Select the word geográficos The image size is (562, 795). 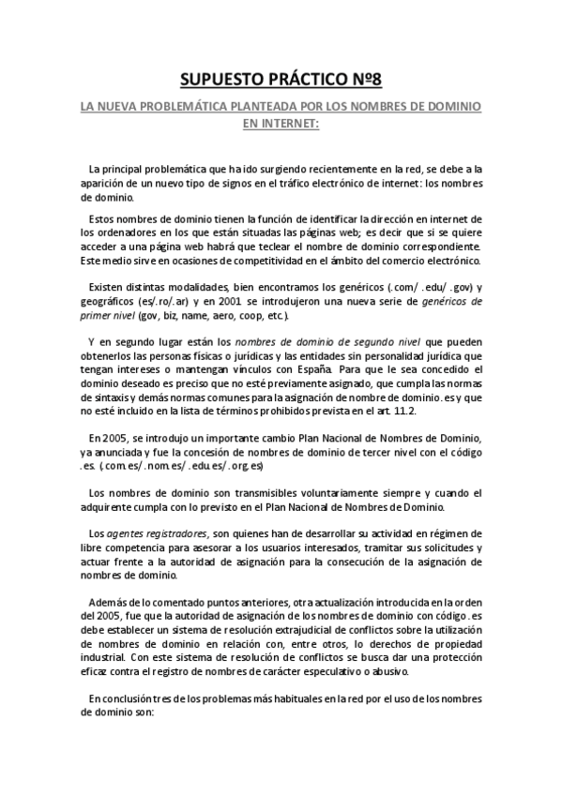[x=110, y=301]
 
